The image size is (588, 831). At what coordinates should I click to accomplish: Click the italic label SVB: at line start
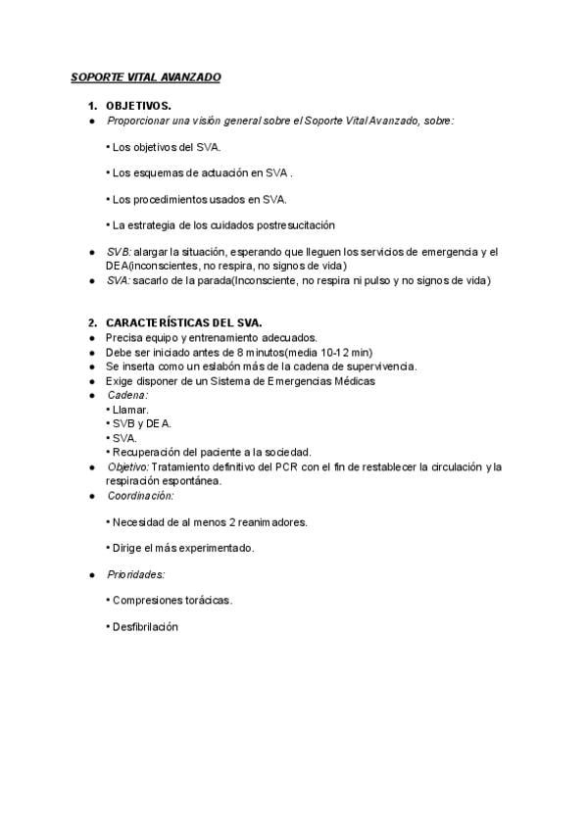[x=119, y=252]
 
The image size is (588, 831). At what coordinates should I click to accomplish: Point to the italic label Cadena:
[x=126, y=395]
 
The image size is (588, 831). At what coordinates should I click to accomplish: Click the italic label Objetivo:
[x=127, y=467]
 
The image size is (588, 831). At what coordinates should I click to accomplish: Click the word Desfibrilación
[x=145, y=627]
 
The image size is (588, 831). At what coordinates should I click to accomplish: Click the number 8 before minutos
[x=223, y=352]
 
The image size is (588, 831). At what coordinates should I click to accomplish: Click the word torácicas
[x=207, y=601]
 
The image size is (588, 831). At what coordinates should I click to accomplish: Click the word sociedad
[x=286, y=453]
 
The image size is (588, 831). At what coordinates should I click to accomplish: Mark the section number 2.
[x=92, y=322]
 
